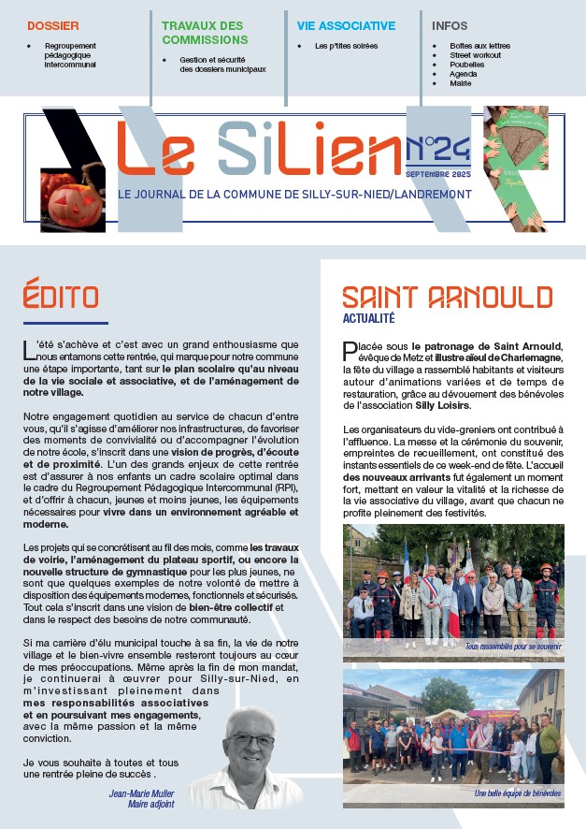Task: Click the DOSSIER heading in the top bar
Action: point(53,26)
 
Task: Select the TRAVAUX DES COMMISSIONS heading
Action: point(205,34)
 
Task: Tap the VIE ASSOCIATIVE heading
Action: point(346,26)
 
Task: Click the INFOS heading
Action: point(450,26)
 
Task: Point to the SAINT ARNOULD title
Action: point(447,298)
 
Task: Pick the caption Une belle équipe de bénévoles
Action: point(517,793)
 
